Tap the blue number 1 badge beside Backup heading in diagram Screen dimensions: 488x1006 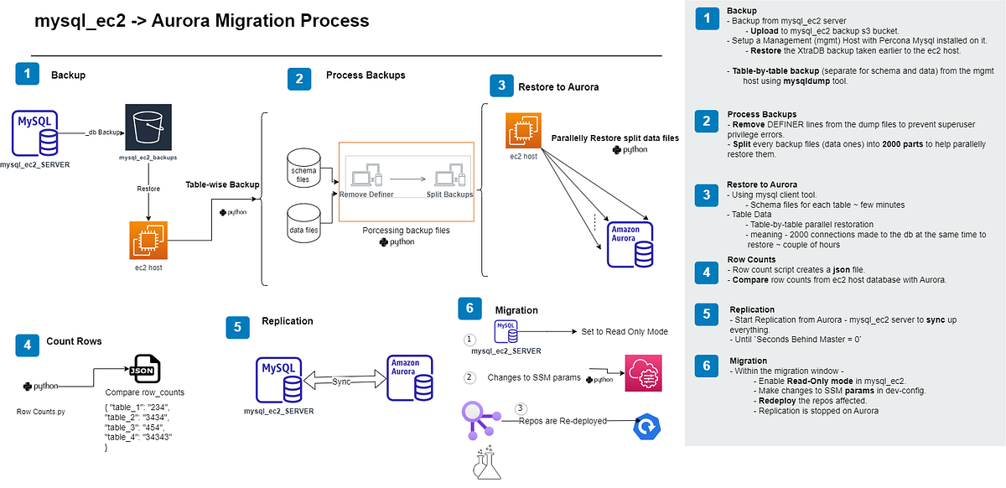click(x=28, y=74)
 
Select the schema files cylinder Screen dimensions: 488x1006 click(x=303, y=166)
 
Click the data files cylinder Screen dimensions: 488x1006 click(x=303, y=221)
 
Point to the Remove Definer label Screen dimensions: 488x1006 click(x=366, y=194)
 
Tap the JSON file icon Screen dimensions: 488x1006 click(x=145, y=369)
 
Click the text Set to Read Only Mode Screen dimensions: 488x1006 click(x=625, y=331)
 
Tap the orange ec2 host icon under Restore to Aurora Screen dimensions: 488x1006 click(x=522, y=132)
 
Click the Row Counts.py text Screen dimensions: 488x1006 click(x=42, y=412)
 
